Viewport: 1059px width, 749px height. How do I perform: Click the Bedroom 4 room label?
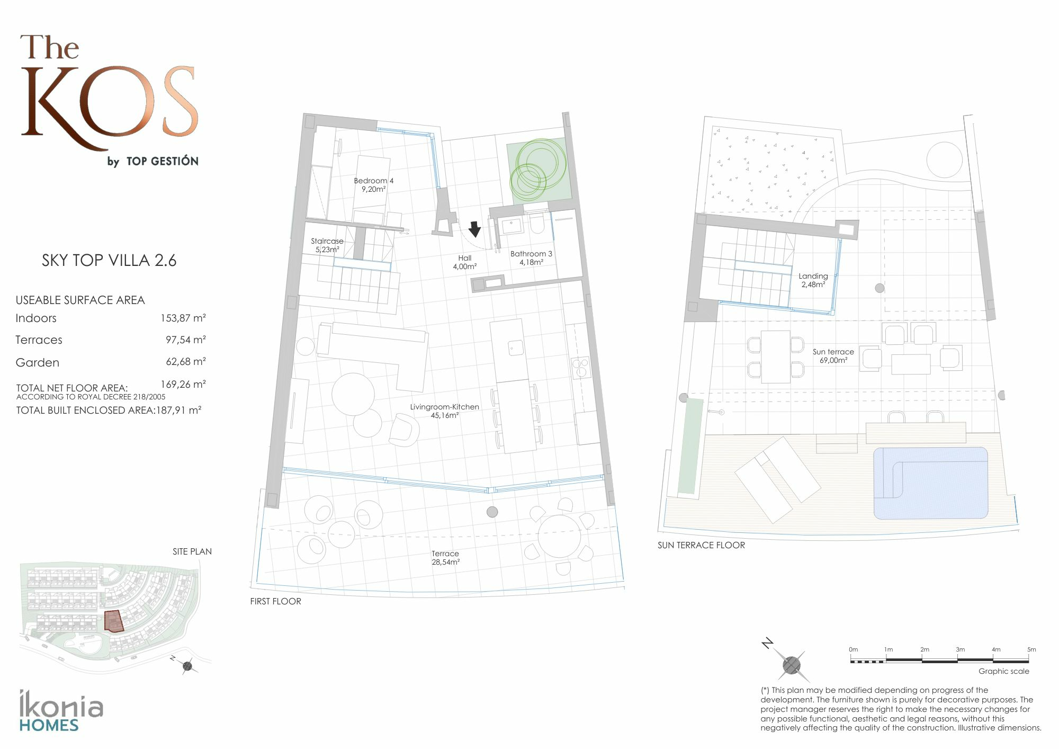[x=373, y=181]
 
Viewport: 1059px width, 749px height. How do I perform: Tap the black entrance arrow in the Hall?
[x=474, y=229]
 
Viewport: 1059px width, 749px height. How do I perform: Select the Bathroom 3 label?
[x=531, y=254]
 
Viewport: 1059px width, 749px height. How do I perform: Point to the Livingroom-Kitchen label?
[x=444, y=407]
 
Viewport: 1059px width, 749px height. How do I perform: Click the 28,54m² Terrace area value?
[x=445, y=562]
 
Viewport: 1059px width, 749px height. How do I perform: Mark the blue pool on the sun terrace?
[x=930, y=483]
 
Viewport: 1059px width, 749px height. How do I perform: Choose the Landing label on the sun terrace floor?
[x=813, y=276]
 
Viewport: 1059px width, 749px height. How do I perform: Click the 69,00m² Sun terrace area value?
[x=833, y=360]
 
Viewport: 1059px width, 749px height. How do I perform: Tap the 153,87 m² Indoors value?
[x=183, y=318]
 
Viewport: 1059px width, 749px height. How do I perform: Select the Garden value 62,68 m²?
[x=185, y=362]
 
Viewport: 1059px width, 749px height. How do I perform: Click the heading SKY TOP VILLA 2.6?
[x=109, y=260]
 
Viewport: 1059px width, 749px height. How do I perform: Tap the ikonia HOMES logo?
[x=61, y=711]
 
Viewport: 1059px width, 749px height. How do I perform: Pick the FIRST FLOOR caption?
[x=275, y=601]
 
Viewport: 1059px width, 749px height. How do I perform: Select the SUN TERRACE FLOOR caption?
[x=701, y=545]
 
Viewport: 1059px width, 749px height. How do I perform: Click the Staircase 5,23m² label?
[x=327, y=245]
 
